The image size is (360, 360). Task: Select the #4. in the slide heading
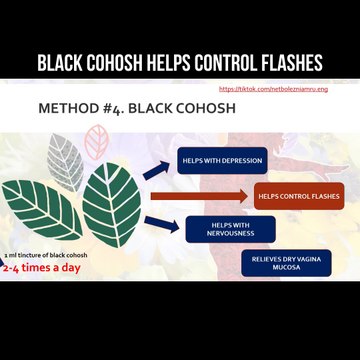click(119, 108)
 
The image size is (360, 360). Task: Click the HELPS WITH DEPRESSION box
click(220, 159)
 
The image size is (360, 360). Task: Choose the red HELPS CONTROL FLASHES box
click(299, 196)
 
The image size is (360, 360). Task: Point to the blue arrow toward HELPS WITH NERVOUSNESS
click(159, 223)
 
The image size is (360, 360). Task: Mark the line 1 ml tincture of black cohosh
click(44, 256)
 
